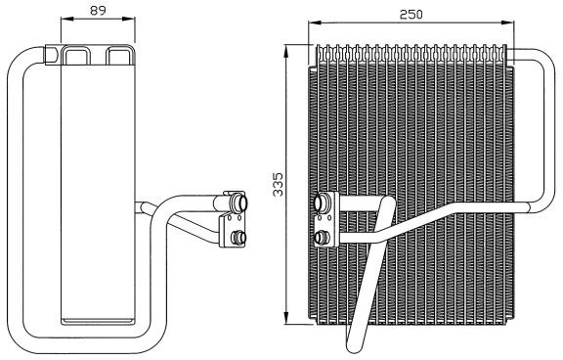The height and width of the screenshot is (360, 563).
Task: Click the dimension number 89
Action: (98, 10)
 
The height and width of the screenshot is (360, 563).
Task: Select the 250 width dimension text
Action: (411, 15)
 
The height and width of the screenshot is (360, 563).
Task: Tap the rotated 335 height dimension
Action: (278, 185)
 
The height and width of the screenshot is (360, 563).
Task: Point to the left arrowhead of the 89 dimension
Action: (67, 19)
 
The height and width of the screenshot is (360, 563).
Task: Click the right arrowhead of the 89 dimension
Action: (129, 19)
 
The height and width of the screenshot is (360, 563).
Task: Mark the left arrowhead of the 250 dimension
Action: (315, 22)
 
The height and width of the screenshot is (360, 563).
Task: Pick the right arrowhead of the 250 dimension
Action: (507, 22)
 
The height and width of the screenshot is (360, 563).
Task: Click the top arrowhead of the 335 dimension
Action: (286, 51)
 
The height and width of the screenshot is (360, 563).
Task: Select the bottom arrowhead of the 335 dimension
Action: (286, 318)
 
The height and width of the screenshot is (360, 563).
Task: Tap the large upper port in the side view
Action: (239, 202)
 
